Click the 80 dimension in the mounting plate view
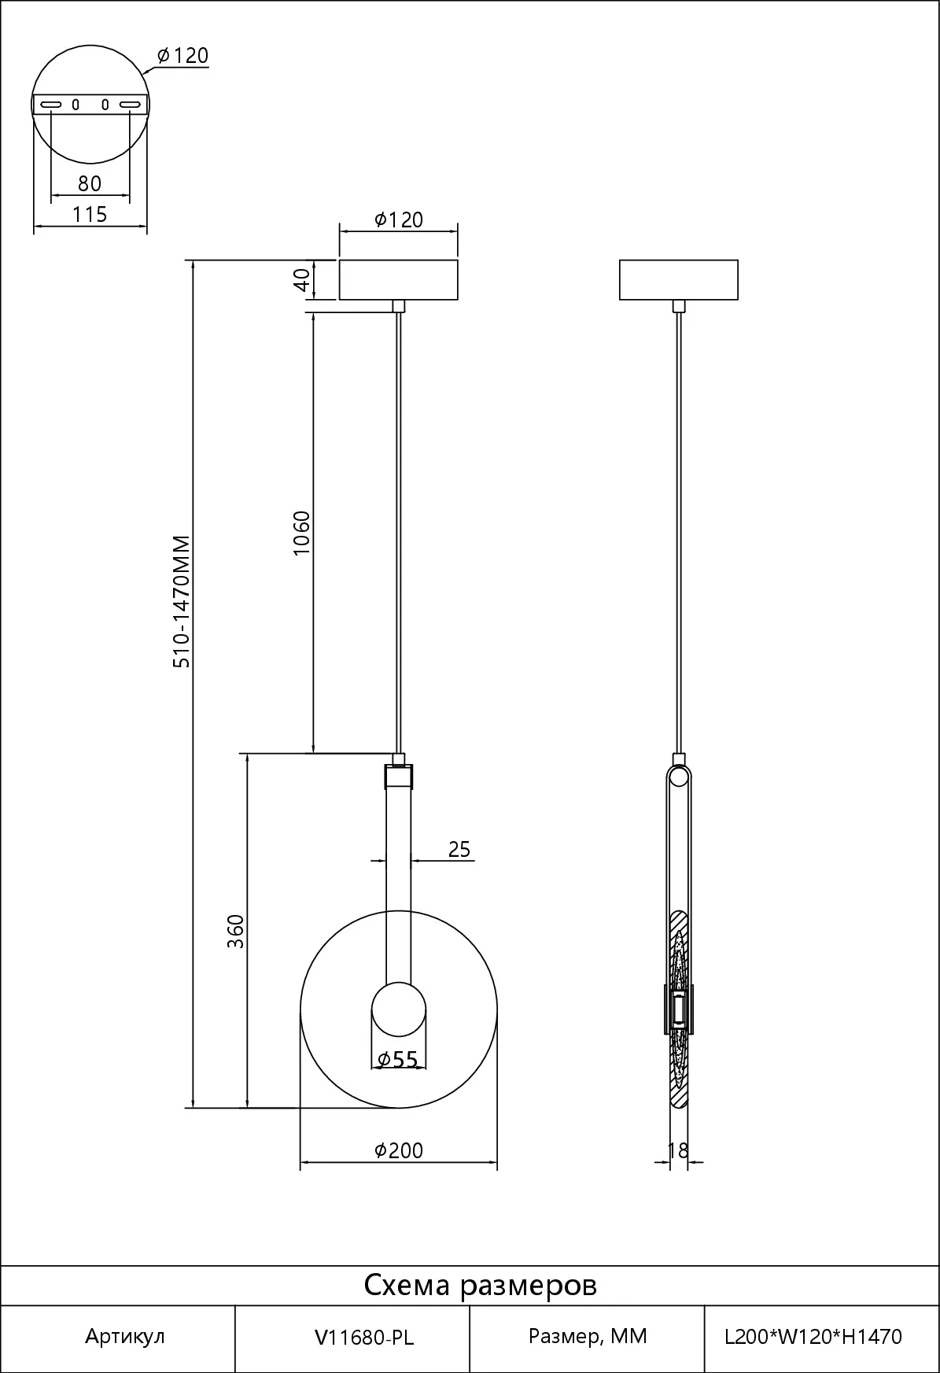[x=90, y=183]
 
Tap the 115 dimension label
[x=90, y=214]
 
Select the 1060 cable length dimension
[x=302, y=533]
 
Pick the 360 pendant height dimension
[x=236, y=931]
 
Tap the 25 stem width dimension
[x=459, y=849]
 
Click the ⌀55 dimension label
[x=398, y=1060]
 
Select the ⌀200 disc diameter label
[x=399, y=1150]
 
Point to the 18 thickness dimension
[x=677, y=1150]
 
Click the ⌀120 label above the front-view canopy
[x=399, y=220]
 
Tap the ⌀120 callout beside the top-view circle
[x=182, y=55]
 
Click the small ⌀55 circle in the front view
[x=399, y=1009]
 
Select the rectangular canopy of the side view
[x=679, y=279]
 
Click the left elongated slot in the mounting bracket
[x=51, y=104]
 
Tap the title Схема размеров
[x=481, y=1285]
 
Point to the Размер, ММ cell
[x=588, y=1337]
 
